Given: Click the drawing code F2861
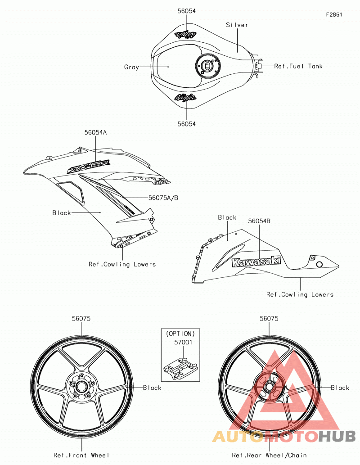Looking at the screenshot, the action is pyautogui.click(x=334, y=14).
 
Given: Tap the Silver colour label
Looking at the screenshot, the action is pyautogui.click(x=237, y=25).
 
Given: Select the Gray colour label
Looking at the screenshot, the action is pyautogui.click(x=131, y=67).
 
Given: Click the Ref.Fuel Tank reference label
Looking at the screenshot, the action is pyautogui.click(x=298, y=66).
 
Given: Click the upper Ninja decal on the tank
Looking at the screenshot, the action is pyautogui.click(x=186, y=34).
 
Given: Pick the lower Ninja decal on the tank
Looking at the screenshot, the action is pyautogui.click(x=185, y=97).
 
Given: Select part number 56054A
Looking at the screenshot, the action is pyautogui.click(x=95, y=132).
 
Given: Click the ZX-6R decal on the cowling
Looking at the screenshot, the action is pyautogui.click(x=88, y=167).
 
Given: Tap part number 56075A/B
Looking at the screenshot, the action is pyautogui.click(x=163, y=198).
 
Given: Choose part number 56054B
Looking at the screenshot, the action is pyautogui.click(x=259, y=221).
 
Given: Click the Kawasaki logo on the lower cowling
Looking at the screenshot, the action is pyautogui.click(x=256, y=262).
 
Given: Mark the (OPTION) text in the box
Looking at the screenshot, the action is pyautogui.click(x=180, y=334).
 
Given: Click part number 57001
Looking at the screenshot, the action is pyautogui.click(x=183, y=342).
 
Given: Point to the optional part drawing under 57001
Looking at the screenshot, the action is pyautogui.click(x=180, y=368).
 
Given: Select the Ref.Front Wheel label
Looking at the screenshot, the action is pyautogui.click(x=81, y=455).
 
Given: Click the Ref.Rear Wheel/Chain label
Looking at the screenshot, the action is pyautogui.click(x=269, y=455).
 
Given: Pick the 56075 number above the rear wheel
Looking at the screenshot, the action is pyautogui.click(x=269, y=319).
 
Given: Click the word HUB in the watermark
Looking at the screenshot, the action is pyautogui.click(x=337, y=436).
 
